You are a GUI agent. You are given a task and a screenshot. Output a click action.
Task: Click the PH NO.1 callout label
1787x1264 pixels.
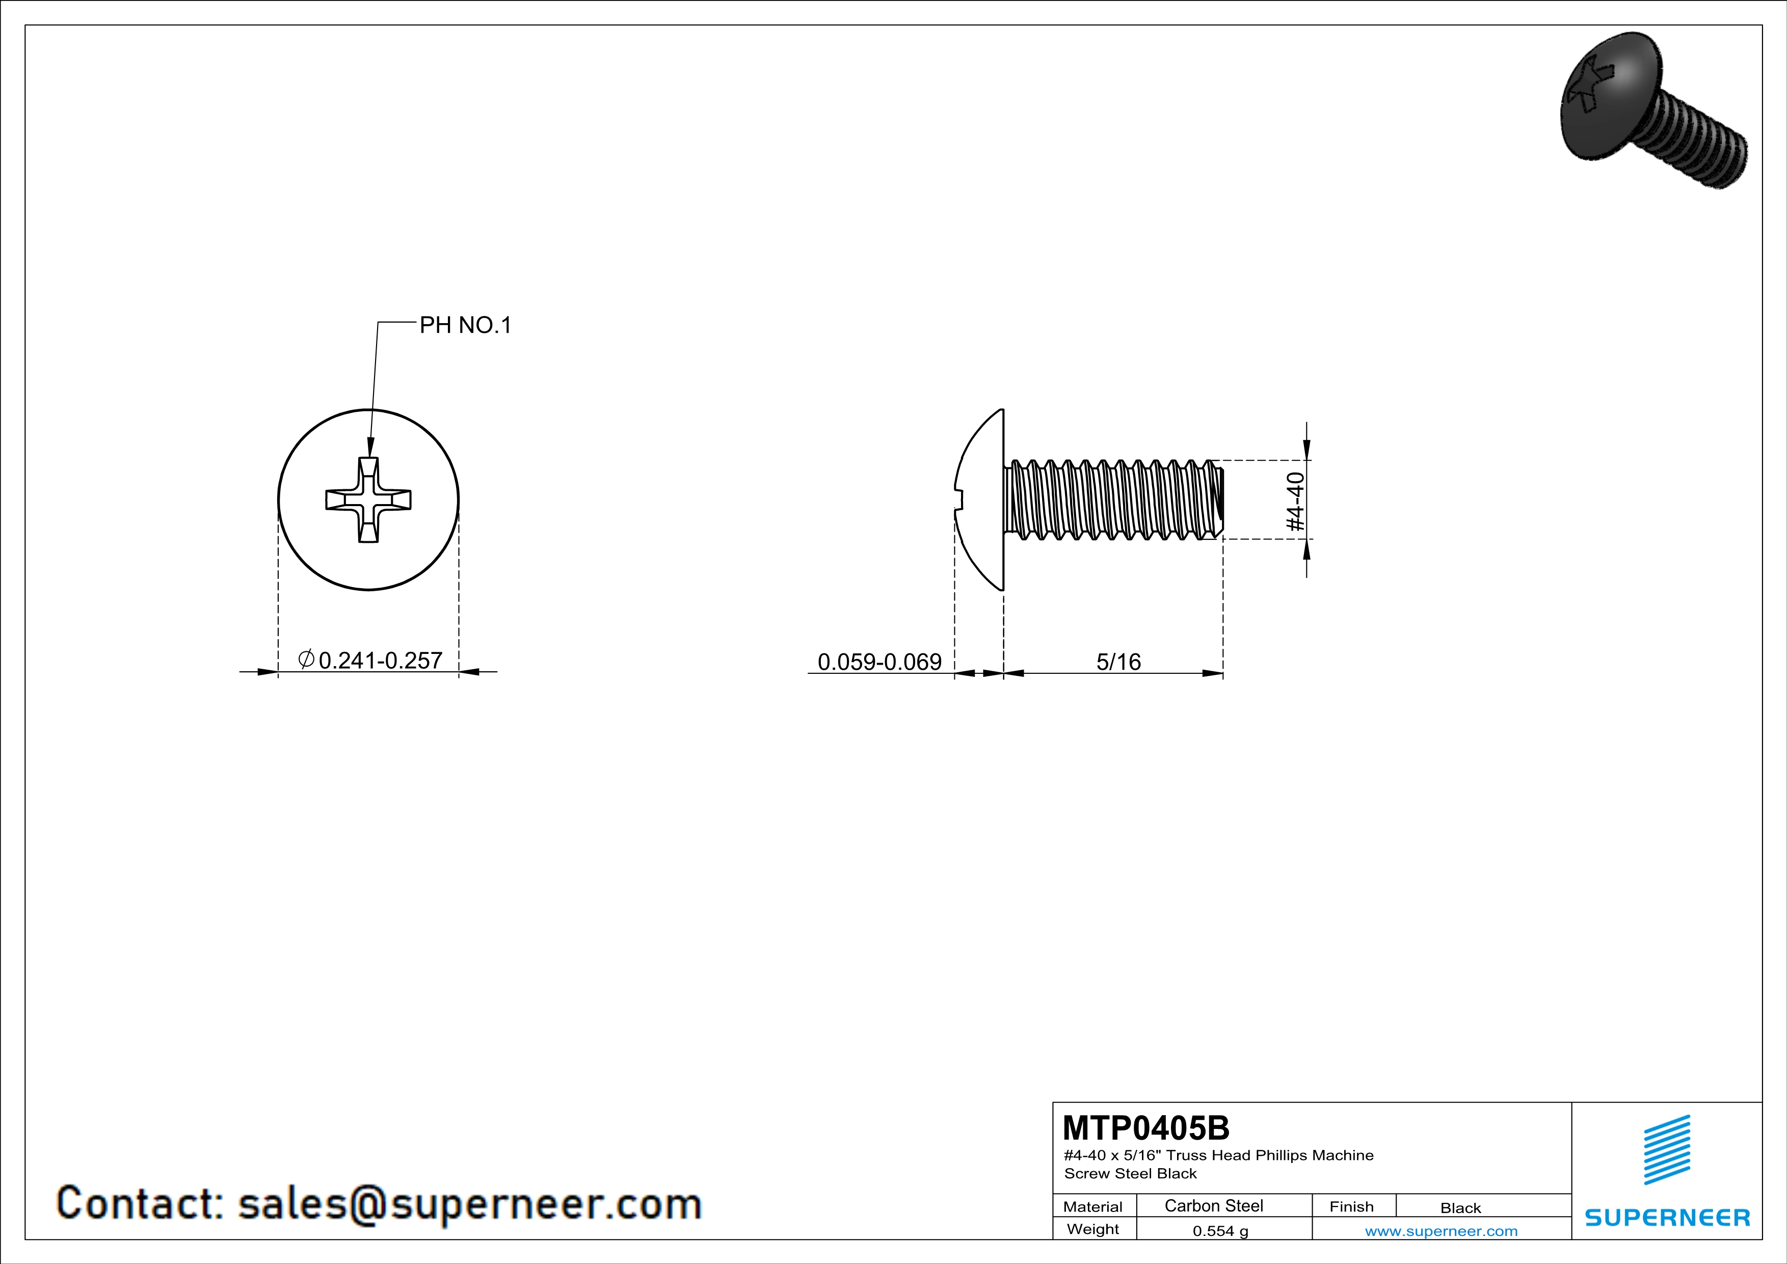(465, 325)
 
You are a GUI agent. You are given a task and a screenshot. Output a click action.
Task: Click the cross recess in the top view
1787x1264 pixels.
(368, 499)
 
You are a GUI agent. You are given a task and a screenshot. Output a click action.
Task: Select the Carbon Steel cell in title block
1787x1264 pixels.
(1213, 1205)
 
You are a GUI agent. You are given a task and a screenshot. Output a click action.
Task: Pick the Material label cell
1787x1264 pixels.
(1093, 1206)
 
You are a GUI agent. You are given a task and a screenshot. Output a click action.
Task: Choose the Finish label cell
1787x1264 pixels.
(1352, 1206)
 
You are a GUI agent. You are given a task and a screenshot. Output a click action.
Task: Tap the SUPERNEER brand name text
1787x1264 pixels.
(1667, 1217)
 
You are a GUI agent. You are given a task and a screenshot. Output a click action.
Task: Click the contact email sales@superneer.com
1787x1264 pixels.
(470, 1203)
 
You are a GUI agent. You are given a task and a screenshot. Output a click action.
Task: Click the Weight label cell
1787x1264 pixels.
(1093, 1229)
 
